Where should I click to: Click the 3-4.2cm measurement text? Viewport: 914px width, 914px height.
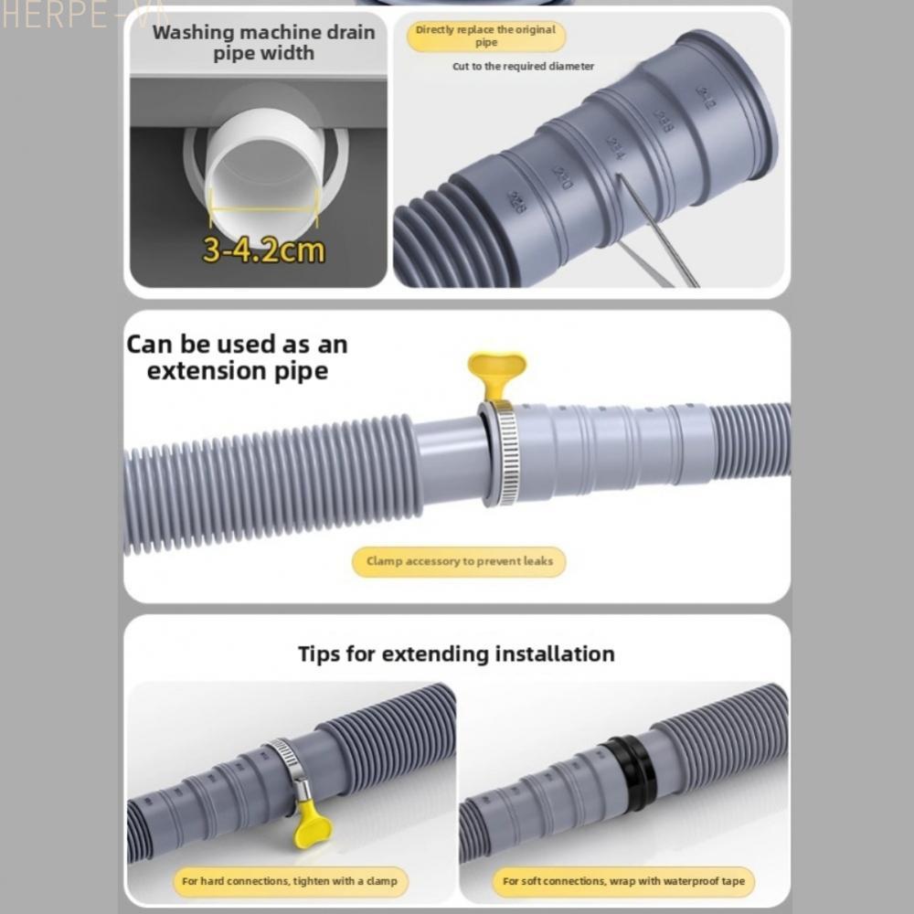coord(263,250)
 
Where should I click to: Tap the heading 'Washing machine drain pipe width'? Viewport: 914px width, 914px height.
coord(263,43)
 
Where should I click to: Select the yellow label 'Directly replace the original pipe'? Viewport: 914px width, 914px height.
coord(485,37)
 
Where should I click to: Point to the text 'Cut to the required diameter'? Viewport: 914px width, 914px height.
coord(523,67)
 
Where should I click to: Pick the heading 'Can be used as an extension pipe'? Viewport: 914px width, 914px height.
coord(237,357)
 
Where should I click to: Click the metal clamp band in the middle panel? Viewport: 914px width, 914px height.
coord(502,452)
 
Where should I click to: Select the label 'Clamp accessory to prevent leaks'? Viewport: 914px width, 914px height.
coord(459,561)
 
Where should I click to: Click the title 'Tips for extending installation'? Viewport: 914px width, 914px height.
coord(456,654)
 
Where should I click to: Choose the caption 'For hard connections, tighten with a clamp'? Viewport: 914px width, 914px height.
coord(289,881)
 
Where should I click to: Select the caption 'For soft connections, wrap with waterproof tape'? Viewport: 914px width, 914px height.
coord(623,881)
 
